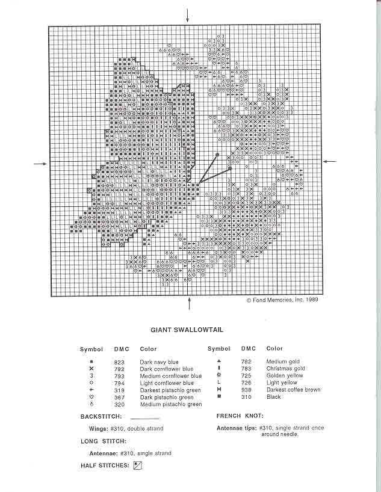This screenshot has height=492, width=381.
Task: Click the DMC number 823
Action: coord(119,362)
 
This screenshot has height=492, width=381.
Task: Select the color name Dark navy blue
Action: coord(160,362)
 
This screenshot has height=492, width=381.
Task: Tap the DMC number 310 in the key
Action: coord(246,397)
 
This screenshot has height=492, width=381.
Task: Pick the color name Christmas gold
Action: coord(285,369)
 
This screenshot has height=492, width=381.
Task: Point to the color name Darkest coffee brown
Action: coord(294,390)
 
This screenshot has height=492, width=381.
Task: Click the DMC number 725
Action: coord(246,376)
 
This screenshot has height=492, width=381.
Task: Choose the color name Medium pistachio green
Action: coord(170,405)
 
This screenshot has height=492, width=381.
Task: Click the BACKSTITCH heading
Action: coord(101,416)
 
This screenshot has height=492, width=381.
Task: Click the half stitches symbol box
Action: coord(137,465)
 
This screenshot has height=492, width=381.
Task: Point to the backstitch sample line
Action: coord(144,417)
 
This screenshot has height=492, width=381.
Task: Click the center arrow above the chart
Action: coord(188,15)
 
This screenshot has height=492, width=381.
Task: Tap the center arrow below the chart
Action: coord(189,304)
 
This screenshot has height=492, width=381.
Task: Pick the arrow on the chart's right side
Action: coord(331,161)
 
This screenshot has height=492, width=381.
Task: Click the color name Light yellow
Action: coord(282,383)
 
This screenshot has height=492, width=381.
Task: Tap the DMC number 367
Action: coord(119,397)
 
